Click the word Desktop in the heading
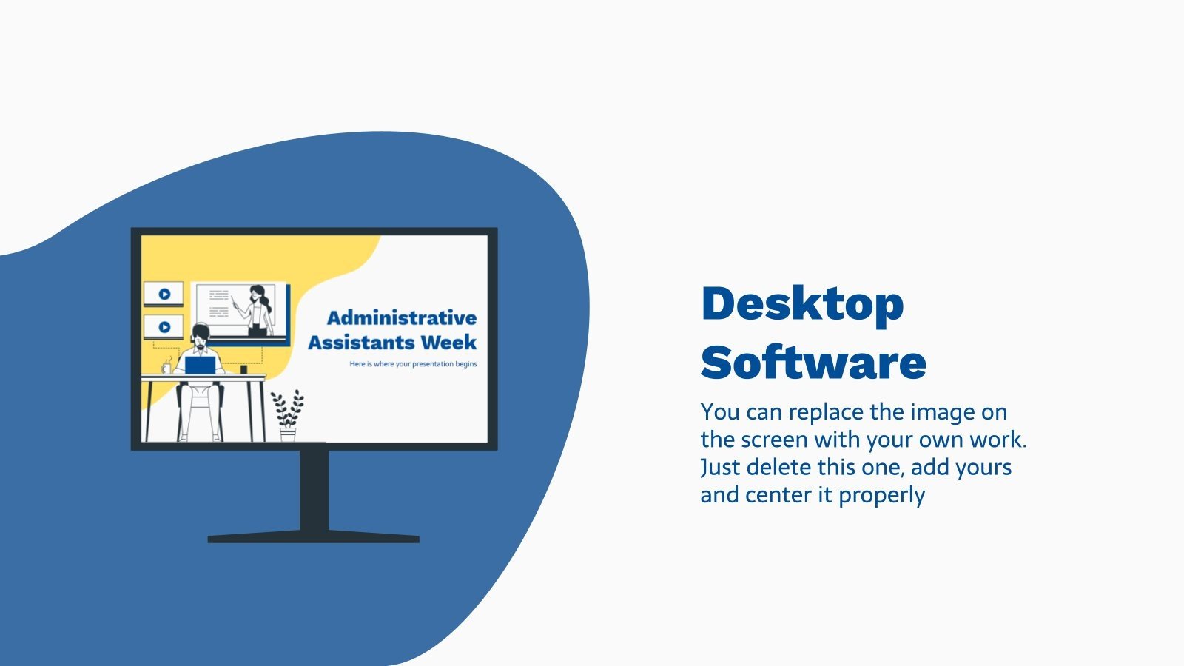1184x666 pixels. tap(802, 305)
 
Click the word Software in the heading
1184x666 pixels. tap(813, 363)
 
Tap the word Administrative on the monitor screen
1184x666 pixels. tap(402, 318)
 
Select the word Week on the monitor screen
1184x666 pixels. tap(448, 343)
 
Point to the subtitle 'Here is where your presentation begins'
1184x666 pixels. tap(413, 364)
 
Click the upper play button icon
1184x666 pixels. tap(164, 294)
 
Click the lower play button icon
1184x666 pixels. tap(164, 326)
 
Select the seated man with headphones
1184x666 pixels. tap(200, 370)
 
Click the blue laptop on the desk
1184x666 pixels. tap(200, 366)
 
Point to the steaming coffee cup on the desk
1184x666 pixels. tap(166, 367)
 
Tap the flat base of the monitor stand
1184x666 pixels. tap(314, 539)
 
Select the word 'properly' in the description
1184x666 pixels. tap(881, 495)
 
